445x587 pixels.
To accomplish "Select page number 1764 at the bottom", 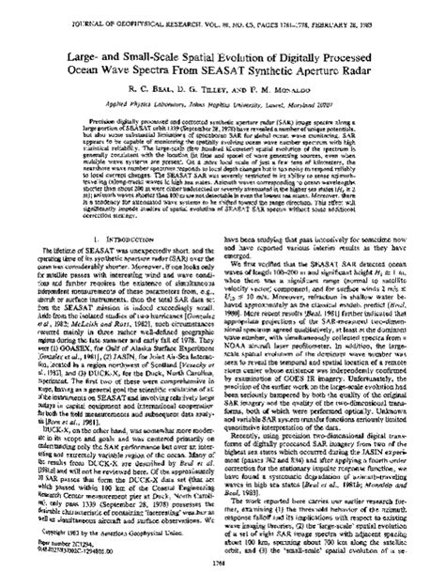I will (x=222, y=576).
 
